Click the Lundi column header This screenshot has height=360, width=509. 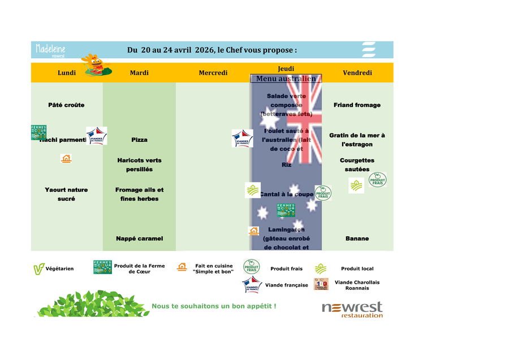[x=67, y=73]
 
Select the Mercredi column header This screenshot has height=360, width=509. [x=213, y=73]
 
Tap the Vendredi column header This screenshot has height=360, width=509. [x=357, y=73]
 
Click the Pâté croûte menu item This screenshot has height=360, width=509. [x=67, y=105]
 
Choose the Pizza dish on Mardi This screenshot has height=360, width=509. [x=139, y=140]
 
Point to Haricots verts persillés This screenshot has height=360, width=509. [x=139, y=164]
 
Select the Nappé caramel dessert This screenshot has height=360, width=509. [x=139, y=238]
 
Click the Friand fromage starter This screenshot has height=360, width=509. [x=357, y=105]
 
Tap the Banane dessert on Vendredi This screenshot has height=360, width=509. [x=357, y=238]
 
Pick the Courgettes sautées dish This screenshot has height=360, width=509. [x=357, y=164]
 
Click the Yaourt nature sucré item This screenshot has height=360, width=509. [x=67, y=194]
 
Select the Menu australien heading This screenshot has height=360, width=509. [x=286, y=79]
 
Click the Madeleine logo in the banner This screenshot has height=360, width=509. [x=50, y=50]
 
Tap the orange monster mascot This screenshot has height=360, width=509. [x=94, y=64]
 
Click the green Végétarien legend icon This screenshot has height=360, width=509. [x=38, y=269]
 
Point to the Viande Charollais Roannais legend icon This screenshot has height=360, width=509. [x=321, y=284]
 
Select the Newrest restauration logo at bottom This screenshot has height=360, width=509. [x=352, y=309]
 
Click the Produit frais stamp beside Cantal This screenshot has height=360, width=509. [x=323, y=193]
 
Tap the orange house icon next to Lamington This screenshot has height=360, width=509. [x=253, y=231]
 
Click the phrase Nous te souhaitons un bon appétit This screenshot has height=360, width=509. [x=214, y=306]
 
